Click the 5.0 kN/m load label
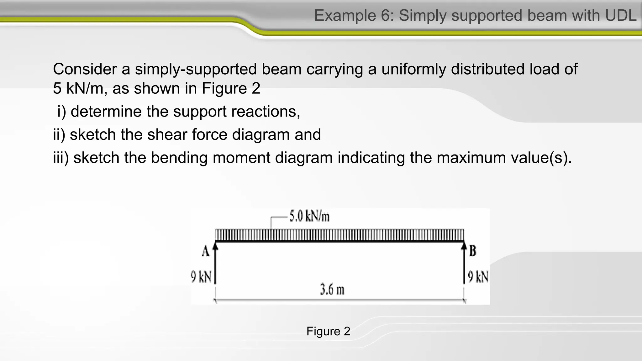pyautogui.click(x=309, y=217)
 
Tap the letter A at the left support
pyautogui.click(x=205, y=251)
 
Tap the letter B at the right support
pyautogui.click(x=473, y=251)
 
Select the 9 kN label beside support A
pyautogui.click(x=201, y=277)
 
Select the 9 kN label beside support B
pyautogui.click(x=478, y=277)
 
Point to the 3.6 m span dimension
pyautogui.click(x=332, y=289)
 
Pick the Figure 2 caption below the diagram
pyautogui.click(x=328, y=331)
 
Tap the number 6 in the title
pyautogui.click(x=385, y=15)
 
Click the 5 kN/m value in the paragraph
pyautogui.click(x=78, y=88)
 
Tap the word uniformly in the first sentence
pyautogui.click(x=414, y=69)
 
